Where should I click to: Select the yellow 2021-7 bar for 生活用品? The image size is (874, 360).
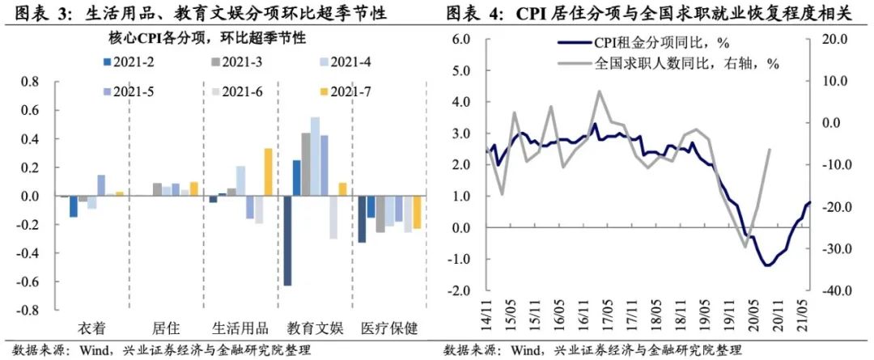268,172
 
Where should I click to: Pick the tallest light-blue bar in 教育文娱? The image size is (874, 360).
316,157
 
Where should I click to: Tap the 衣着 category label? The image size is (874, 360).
91,328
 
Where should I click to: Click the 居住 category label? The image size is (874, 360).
165,328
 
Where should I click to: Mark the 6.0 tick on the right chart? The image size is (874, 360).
460,40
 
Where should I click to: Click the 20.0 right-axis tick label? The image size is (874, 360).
836,40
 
